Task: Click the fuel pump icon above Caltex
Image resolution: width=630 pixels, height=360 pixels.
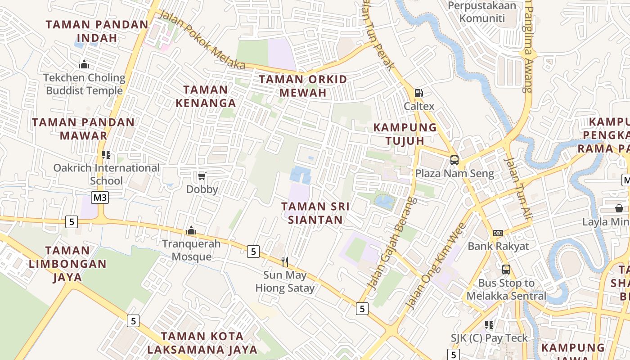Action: (x=418, y=93)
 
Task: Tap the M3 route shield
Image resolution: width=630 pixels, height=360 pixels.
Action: (x=100, y=198)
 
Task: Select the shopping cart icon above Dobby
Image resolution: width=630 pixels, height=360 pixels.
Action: (x=202, y=176)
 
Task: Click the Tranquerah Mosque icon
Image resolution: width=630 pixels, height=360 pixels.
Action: (x=191, y=231)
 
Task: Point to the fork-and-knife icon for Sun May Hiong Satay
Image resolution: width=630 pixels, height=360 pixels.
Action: (x=284, y=261)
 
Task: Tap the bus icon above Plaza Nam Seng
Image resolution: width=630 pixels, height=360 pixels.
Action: (x=454, y=160)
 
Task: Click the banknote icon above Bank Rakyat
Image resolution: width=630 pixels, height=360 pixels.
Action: (x=498, y=233)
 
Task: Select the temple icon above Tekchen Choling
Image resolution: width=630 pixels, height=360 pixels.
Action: (x=84, y=65)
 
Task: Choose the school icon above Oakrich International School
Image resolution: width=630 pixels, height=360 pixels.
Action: (x=106, y=155)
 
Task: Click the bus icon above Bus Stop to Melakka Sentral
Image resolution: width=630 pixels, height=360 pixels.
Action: (x=506, y=270)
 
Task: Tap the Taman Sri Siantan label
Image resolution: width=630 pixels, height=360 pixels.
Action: (x=315, y=213)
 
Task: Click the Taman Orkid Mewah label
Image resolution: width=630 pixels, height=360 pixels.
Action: (x=303, y=86)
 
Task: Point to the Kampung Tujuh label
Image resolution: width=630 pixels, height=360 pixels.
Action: (x=405, y=134)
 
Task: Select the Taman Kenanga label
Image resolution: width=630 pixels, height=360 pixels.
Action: (x=206, y=96)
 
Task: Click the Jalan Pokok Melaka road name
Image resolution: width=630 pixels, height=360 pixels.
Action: (x=202, y=40)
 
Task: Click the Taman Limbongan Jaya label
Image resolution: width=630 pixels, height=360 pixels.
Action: (x=67, y=264)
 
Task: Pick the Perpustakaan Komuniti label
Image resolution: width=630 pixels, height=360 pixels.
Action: (x=482, y=12)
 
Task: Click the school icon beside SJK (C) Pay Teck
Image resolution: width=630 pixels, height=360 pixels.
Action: (x=489, y=324)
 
